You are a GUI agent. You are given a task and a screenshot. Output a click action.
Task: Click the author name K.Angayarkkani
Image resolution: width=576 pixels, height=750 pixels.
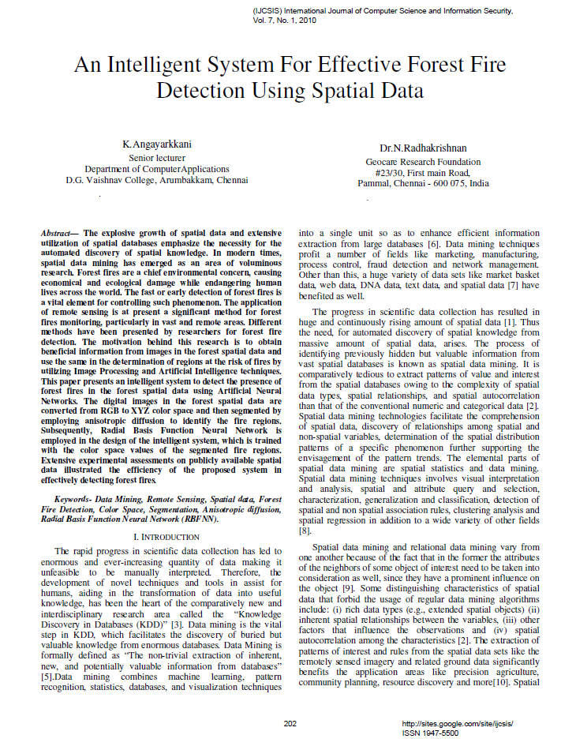point(156,144)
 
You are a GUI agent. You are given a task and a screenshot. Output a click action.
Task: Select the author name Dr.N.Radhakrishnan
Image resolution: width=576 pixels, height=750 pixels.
point(422,148)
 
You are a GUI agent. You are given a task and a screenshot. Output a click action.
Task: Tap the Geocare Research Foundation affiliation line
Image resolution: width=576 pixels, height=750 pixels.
point(422,161)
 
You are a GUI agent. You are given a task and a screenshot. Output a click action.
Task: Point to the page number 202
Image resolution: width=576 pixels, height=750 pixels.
point(290,723)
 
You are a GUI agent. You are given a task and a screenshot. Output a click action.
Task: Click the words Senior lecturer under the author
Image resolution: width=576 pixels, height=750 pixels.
point(156,157)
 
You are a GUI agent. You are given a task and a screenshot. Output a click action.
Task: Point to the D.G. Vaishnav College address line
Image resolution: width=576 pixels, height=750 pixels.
point(156,179)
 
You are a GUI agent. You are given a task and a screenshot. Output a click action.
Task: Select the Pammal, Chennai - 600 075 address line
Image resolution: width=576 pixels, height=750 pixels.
point(422,183)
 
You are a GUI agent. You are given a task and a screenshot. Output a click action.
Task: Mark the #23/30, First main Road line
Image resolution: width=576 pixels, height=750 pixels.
point(422,172)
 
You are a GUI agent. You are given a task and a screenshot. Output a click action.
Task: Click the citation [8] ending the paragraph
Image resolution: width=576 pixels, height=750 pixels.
point(305,532)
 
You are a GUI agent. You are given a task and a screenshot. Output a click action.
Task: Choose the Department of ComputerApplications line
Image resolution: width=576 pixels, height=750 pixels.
point(156,168)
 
